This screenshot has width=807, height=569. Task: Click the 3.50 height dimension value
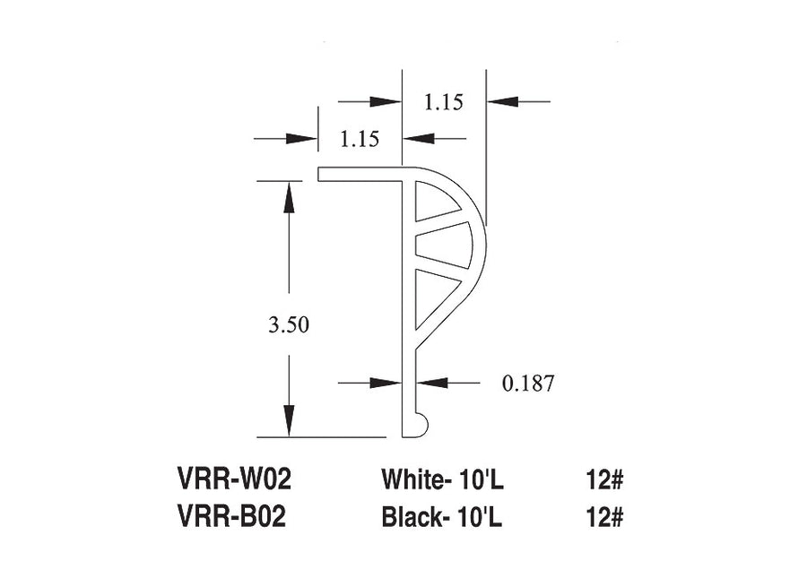click(x=288, y=324)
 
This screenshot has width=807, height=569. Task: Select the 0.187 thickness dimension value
click(x=528, y=384)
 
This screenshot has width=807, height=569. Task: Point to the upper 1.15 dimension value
click(x=444, y=102)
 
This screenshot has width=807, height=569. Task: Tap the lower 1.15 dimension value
click(x=360, y=139)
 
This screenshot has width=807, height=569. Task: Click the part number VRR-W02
click(x=234, y=479)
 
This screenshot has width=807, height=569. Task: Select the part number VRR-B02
click(x=231, y=516)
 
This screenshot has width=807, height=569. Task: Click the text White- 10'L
click(x=442, y=479)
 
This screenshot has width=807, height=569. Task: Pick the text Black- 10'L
click(x=441, y=516)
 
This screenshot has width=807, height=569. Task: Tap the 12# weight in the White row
click(x=604, y=479)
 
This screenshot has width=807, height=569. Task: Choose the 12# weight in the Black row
click(x=604, y=516)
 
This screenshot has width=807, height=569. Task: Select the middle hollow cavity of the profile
click(x=443, y=245)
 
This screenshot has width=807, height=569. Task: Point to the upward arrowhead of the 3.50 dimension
click(x=290, y=196)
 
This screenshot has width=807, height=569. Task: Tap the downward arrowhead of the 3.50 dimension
click(x=290, y=421)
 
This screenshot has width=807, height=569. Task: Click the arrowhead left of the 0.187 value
click(x=386, y=383)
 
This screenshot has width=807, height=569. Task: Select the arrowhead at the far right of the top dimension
click(x=502, y=101)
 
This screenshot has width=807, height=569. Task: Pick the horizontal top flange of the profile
click(x=360, y=175)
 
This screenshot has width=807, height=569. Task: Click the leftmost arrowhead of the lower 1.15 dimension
click(x=302, y=138)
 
